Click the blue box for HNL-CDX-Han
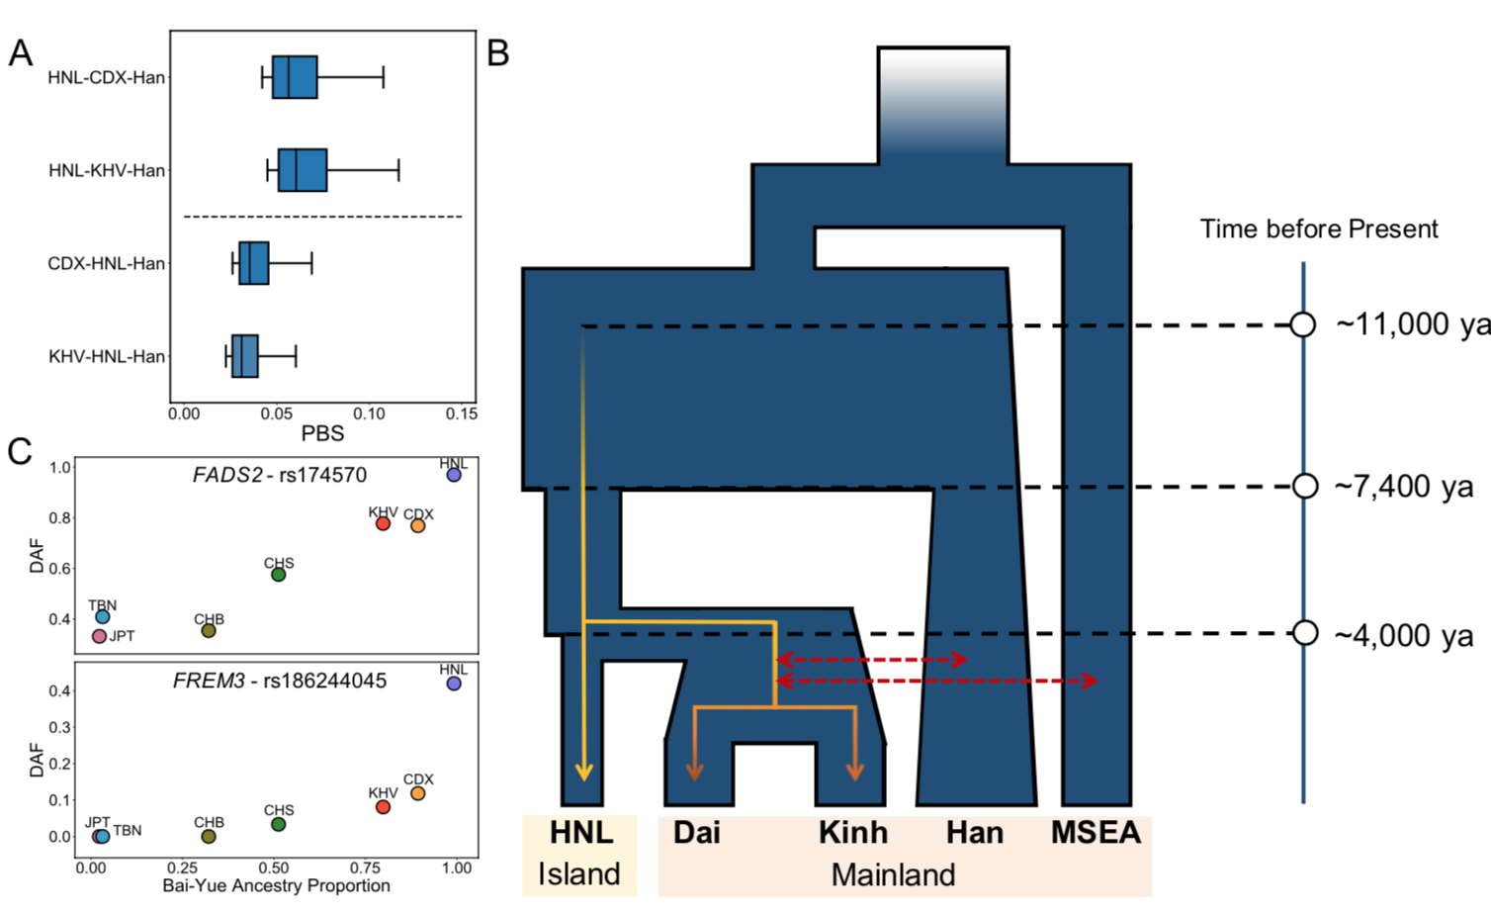[295, 77]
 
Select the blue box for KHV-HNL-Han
[245, 356]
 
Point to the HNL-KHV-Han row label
[107, 171]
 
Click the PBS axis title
[322, 433]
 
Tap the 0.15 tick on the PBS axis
[462, 413]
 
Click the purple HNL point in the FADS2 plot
[454, 475]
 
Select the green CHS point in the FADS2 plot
[279, 575]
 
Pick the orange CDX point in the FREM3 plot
[418, 793]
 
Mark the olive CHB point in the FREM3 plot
[209, 836]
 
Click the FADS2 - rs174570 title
[280, 475]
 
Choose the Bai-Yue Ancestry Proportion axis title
[276, 885]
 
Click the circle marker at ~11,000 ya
[1303, 324]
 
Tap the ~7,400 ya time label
[1404, 487]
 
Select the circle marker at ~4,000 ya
[1305, 633]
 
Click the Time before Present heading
[1319, 229]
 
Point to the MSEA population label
[1096, 833]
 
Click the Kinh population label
[853, 833]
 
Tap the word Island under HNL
[579, 874]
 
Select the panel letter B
[498, 52]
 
